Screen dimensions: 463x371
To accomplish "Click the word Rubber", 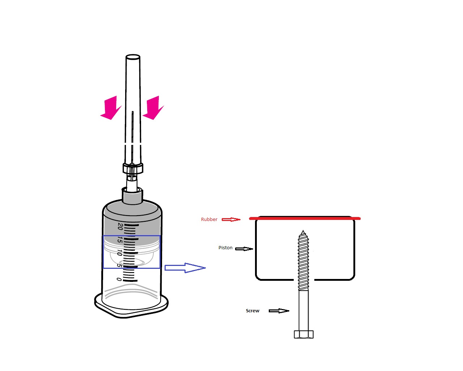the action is tap(209, 219).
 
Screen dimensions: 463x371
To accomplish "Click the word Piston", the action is tap(225, 247).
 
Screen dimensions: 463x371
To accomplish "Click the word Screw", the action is tap(252, 310).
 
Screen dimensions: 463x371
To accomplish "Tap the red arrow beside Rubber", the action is tap(231, 220).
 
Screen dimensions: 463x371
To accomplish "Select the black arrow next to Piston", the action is tap(244, 249).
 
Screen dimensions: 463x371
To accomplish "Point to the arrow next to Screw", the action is tap(279, 310).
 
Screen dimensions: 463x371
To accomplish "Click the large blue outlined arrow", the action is tap(185, 268).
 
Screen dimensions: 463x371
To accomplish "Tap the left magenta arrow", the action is tap(111, 108).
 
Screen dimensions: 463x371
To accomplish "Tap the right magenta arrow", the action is tap(153, 108).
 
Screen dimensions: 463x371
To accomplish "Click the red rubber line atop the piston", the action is tap(305, 218).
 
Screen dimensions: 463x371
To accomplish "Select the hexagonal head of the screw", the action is tap(303, 334).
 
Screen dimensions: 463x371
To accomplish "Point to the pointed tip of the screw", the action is tap(303, 230).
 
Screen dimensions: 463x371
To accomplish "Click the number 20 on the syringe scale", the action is tap(120, 226).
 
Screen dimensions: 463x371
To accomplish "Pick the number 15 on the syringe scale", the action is tap(120, 240).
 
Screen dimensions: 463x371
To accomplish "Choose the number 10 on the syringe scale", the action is tap(119, 253).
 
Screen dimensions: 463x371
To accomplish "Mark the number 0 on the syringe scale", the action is tap(119, 279).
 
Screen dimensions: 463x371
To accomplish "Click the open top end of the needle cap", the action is tap(133, 57).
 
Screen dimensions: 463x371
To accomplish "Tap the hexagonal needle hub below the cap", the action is tap(133, 168).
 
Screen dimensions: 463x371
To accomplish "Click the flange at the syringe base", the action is tap(131, 306).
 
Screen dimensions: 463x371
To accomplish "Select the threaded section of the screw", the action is tap(303, 261).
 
